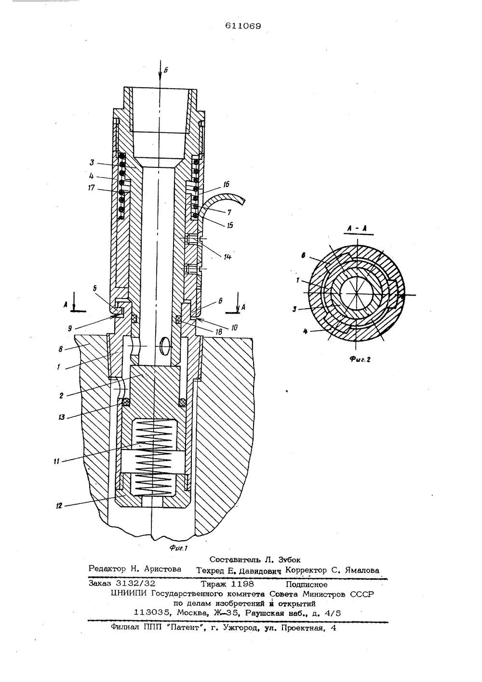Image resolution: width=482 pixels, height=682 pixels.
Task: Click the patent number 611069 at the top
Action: [243, 26]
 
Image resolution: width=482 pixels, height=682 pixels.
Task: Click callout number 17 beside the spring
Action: [91, 188]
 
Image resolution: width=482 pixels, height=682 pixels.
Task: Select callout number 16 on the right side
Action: [226, 184]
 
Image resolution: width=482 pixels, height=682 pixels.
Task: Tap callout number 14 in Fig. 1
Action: [228, 257]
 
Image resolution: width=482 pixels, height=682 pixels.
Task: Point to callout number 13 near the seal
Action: [62, 417]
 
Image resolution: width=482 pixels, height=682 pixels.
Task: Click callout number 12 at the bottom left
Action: [59, 505]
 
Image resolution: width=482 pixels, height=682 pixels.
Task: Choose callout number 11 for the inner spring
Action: [56, 461]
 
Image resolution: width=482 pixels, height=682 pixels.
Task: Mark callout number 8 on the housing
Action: [61, 349]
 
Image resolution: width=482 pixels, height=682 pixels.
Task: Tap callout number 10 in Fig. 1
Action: [234, 327]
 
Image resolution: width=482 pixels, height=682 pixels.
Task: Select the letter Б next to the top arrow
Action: [166, 70]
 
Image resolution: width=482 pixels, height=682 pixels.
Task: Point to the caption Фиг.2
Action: [360, 360]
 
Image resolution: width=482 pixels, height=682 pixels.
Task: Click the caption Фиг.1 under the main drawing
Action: [179, 548]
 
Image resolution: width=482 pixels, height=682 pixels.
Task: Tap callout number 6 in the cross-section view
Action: [303, 256]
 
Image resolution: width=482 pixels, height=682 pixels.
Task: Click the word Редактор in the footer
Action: [107, 569]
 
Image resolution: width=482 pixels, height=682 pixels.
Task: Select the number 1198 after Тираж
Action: [242, 584]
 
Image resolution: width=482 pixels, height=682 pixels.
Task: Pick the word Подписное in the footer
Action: [307, 584]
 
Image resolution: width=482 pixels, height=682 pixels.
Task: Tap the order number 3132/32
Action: [136, 583]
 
